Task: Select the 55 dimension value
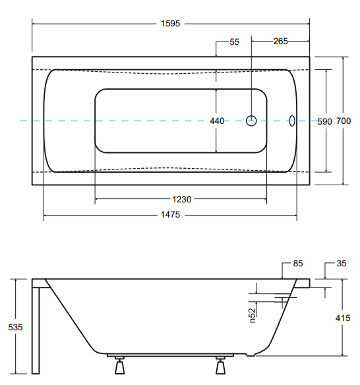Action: [234, 42]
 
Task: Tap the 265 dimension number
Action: [280, 42]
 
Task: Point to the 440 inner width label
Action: [217, 121]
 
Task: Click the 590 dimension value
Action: [324, 121]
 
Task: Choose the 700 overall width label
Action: [344, 121]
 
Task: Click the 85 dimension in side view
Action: [297, 264]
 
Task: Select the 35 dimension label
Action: [341, 264]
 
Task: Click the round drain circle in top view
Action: [251, 121]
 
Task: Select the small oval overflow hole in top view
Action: [293, 121]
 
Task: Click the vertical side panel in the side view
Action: [36, 326]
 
